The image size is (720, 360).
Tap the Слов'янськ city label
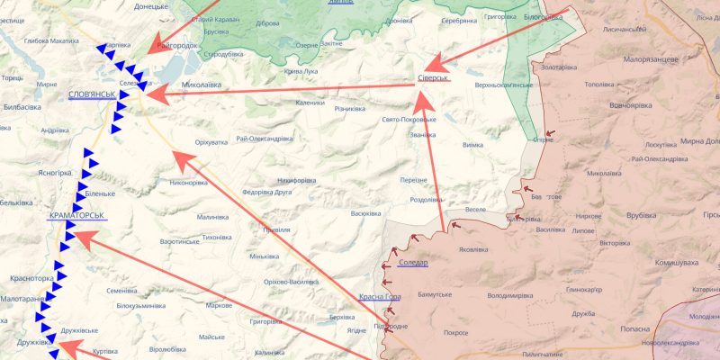pos(91,94)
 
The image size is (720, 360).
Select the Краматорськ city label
pos(77,217)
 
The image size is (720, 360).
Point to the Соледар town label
pos(412,263)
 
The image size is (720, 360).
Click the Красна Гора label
pos(379,297)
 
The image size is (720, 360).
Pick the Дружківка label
pos(32,343)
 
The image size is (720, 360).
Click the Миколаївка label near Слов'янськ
pos(202,86)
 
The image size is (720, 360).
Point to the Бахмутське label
pos(438,294)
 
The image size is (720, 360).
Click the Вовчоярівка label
pos(632,104)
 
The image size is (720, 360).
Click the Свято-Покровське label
pos(409,119)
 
